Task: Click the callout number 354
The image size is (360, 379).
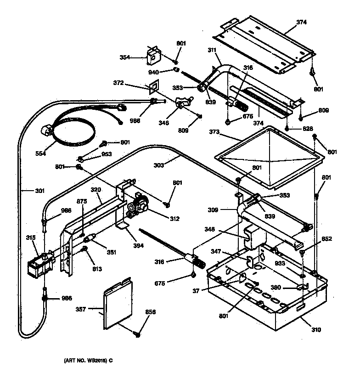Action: point(124,57)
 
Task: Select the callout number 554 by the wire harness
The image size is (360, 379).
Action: point(41,153)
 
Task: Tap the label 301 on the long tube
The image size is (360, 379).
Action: point(28,187)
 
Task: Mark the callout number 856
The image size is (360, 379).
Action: point(150,312)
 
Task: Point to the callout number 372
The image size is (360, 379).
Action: point(118,83)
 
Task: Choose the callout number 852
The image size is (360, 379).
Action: point(326,238)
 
